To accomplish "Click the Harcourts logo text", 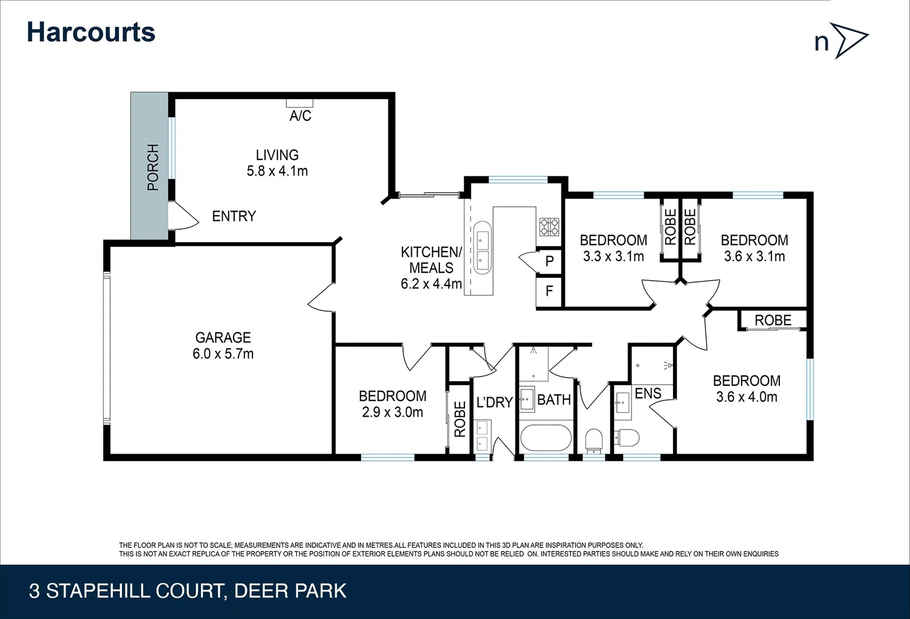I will (x=91, y=32).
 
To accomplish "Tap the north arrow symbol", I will (x=850, y=40).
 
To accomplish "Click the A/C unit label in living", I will (x=300, y=116).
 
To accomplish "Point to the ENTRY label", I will (x=234, y=216).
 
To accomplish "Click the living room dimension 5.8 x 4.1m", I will (x=277, y=171).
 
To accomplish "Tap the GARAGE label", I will (x=223, y=338).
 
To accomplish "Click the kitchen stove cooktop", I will (x=549, y=227).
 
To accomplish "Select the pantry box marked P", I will (x=549, y=261).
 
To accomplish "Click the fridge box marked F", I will (x=549, y=291).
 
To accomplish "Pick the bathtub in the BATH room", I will (x=546, y=438).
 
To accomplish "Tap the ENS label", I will (x=648, y=393).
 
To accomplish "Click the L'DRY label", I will (x=494, y=402).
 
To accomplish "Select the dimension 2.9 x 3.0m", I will (x=392, y=412).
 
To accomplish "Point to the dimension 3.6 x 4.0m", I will (x=746, y=397).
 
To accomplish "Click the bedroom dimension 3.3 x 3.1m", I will (x=613, y=256).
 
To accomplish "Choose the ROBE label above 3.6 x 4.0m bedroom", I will (x=773, y=320).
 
